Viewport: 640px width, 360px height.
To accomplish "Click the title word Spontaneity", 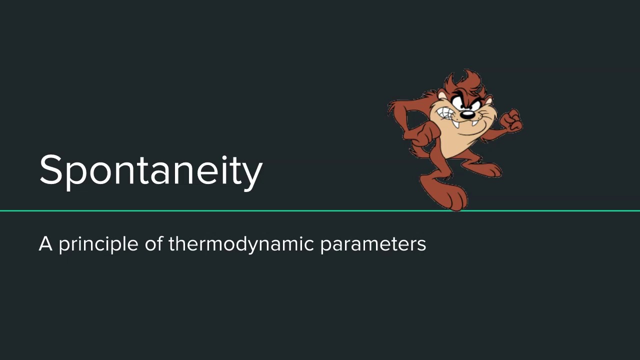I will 150,170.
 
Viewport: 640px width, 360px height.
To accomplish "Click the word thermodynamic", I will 241,244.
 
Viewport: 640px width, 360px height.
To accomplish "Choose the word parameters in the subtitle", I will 373,244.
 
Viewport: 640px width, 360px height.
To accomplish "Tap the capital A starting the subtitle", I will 45,244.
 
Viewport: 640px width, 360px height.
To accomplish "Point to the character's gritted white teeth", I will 446,116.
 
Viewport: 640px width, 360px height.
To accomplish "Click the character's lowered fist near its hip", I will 428,132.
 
